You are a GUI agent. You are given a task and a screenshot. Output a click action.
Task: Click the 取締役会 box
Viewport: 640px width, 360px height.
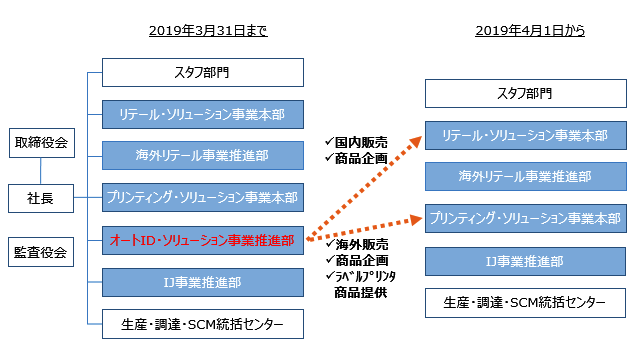(x=41, y=143)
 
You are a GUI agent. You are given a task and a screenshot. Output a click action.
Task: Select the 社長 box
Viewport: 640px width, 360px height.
(x=41, y=198)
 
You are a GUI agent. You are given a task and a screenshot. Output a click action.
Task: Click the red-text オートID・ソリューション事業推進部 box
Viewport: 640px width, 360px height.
(x=203, y=240)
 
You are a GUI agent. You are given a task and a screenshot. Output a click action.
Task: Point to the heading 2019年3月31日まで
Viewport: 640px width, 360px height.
(x=208, y=31)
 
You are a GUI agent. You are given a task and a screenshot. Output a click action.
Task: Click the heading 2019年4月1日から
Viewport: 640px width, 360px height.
(x=530, y=31)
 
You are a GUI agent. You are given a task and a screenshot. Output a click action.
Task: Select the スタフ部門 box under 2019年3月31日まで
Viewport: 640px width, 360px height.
(x=203, y=72)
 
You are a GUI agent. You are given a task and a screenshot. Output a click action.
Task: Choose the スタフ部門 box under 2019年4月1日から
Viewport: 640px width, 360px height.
(x=525, y=94)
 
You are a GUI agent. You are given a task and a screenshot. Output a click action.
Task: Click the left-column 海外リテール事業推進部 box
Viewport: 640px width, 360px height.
(x=203, y=156)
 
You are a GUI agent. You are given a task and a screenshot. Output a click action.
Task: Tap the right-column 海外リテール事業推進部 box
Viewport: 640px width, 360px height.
(x=525, y=177)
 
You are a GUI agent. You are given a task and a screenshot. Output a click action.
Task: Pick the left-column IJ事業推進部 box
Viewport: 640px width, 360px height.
(x=203, y=282)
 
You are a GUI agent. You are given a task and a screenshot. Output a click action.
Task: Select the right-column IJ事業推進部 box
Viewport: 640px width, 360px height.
(x=525, y=261)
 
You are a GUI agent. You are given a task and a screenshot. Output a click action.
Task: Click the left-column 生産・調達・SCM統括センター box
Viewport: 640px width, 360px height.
(x=203, y=324)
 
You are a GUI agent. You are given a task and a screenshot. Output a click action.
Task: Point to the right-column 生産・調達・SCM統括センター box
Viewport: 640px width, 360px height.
(x=525, y=302)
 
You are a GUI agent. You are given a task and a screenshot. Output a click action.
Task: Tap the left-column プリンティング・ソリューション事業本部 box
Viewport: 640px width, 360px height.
(x=203, y=198)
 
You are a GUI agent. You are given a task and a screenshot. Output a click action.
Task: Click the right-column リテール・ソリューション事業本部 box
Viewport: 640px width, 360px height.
(x=525, y=135)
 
